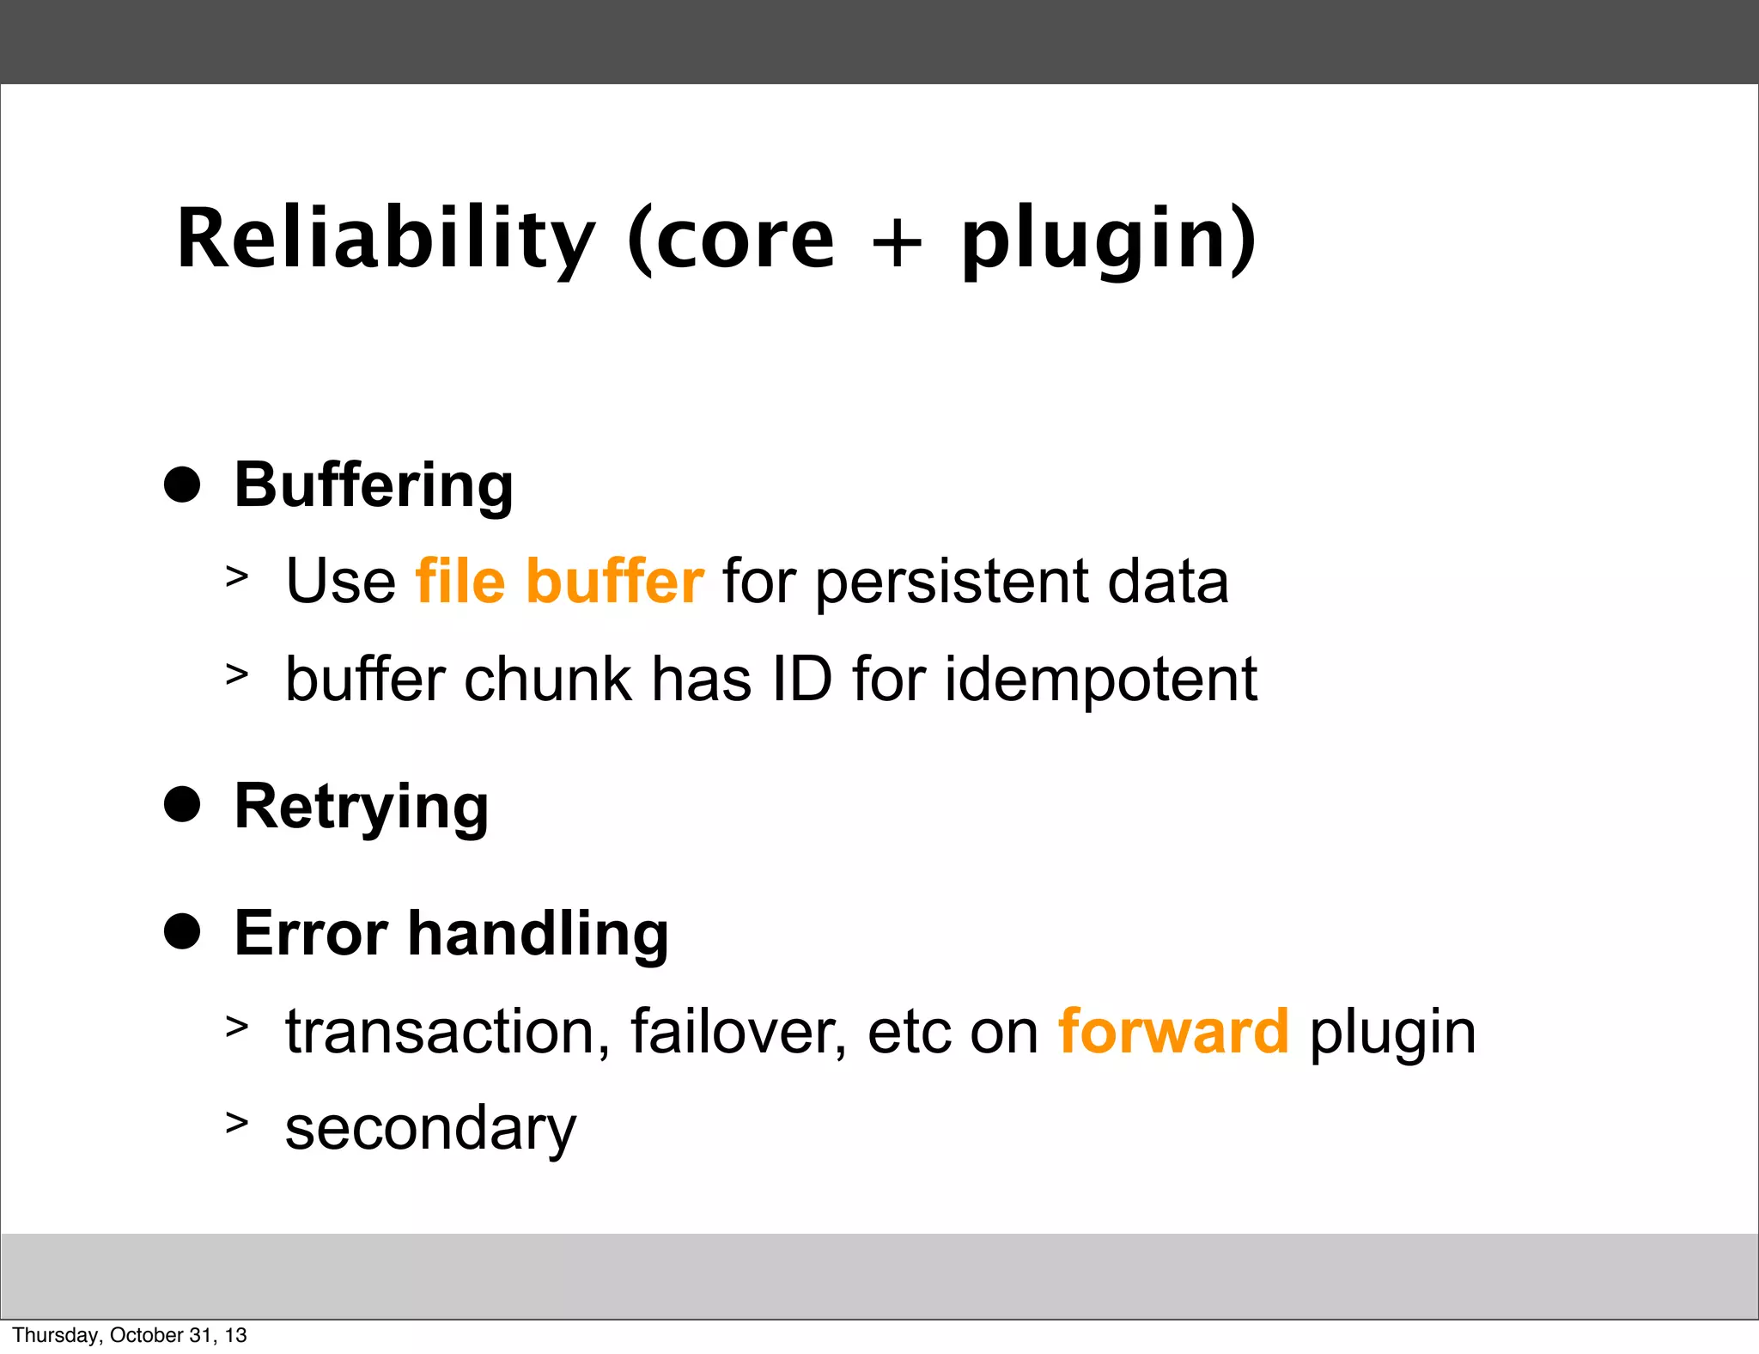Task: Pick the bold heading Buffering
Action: pos(374,486)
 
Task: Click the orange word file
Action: pos(460,581)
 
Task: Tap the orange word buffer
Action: pos(615,581)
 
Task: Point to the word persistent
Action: pos(951,582)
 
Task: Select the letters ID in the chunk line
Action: pos(802,679)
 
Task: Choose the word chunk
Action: pos(547,679)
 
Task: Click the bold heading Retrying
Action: pos(362,808)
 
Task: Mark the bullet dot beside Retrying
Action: pos(182,805)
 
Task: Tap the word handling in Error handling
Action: pos(538,934)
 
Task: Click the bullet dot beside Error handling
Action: pos(182,931)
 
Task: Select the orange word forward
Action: pos(1173,1031)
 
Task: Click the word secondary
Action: pos(430,1129)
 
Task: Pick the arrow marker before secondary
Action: pos(237,1122)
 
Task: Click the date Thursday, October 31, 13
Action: pos(130,1335)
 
